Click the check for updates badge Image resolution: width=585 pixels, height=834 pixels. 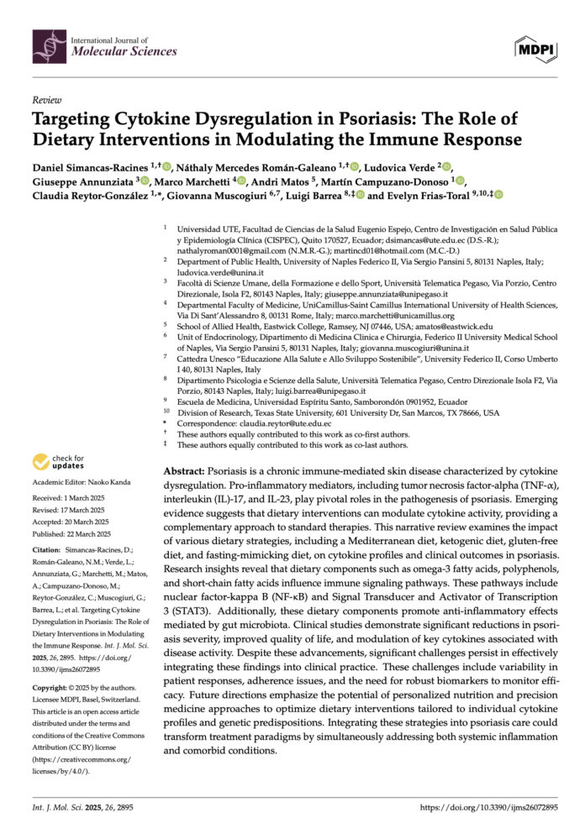57,461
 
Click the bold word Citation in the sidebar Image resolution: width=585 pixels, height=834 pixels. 47,549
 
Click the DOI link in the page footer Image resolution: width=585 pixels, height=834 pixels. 488,807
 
